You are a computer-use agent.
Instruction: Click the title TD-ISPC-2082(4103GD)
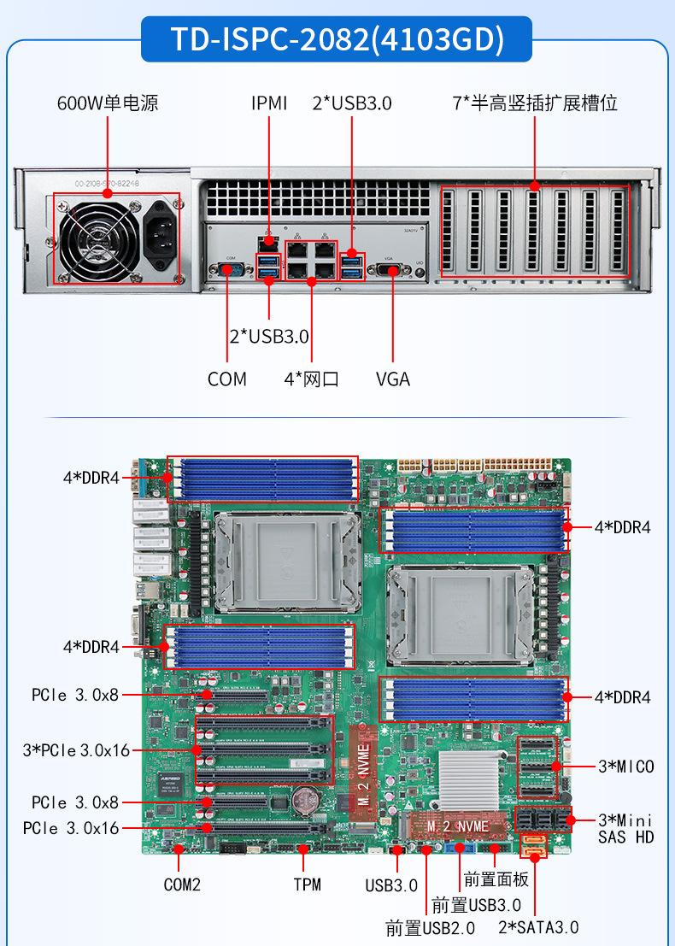click(337, 39)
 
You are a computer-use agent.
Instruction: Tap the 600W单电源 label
click(108, 103)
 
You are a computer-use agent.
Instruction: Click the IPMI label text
click(269, 103)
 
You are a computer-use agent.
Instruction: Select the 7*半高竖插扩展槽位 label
click(535, 103)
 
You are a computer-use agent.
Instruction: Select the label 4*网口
click(311, 379)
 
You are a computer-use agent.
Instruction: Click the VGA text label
click(392, 379)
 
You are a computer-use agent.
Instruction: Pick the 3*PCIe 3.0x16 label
click(76, 750)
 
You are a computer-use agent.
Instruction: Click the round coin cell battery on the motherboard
click(303, 799)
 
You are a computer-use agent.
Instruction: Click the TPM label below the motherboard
click(307, 884)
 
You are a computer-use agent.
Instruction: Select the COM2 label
click(182, 884)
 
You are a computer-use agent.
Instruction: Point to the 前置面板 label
click(496, 878)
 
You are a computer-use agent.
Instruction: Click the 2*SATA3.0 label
click(538, 927)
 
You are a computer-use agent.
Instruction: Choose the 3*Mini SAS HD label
click(625, 828)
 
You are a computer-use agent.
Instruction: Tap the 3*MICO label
click(625, 767)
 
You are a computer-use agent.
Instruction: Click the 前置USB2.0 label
click(430, 927)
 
